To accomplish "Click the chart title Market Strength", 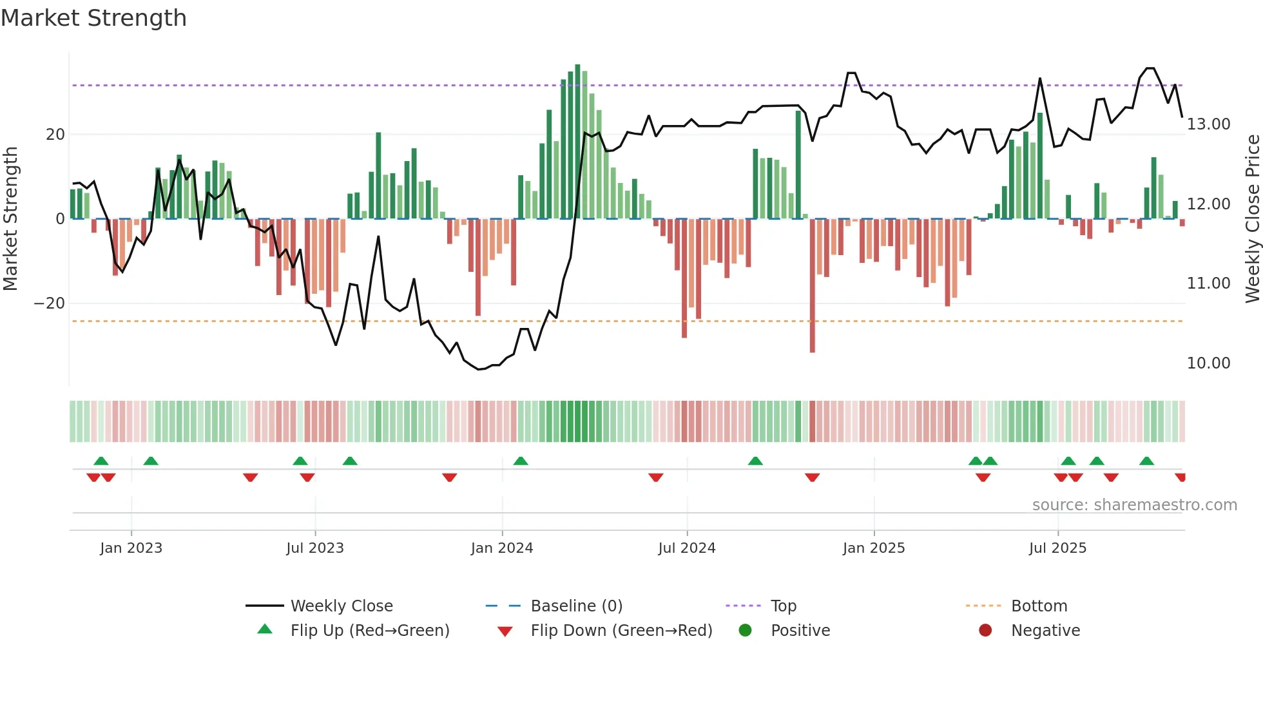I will (x=94, y=18).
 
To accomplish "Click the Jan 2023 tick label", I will (x=131, y=548).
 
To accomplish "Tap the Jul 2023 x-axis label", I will (x=315, y=548).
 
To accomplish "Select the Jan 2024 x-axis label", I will (x=502, y=548).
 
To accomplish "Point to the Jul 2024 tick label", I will (x=687, y=548).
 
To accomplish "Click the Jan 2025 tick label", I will (x=874, y=548).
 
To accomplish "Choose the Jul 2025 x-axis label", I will (x=1057, y=548).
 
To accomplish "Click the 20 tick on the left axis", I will (x=55, y=135).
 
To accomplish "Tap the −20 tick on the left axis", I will (x=50, y=303).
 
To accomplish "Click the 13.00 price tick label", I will (x=1208, y=124).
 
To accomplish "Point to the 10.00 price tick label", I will (x=1208, y=363).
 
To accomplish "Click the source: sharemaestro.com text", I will (x=1134, y=505).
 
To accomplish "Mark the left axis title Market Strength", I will (x=11, y=219).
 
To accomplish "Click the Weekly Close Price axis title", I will (x=1252, y=219).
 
